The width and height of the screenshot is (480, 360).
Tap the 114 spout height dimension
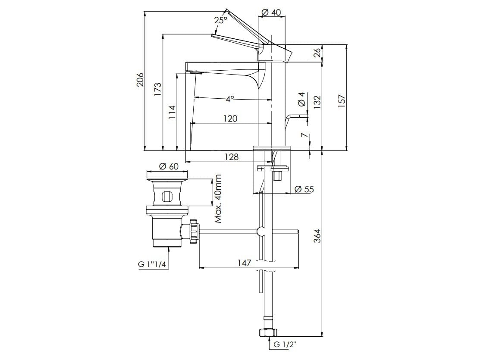[x=172, y=112]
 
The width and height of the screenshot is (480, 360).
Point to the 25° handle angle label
[x=220, y=20]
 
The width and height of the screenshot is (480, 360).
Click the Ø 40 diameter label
[x=272, y=13]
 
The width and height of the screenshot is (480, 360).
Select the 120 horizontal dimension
[x=231, y=118]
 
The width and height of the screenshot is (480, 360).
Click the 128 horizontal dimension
[x=231, y=157]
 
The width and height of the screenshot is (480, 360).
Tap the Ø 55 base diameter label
[x=304, y=189]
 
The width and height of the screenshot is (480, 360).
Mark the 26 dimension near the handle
[x=317, y=53]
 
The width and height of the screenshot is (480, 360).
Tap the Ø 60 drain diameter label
[x=169, y=166]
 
